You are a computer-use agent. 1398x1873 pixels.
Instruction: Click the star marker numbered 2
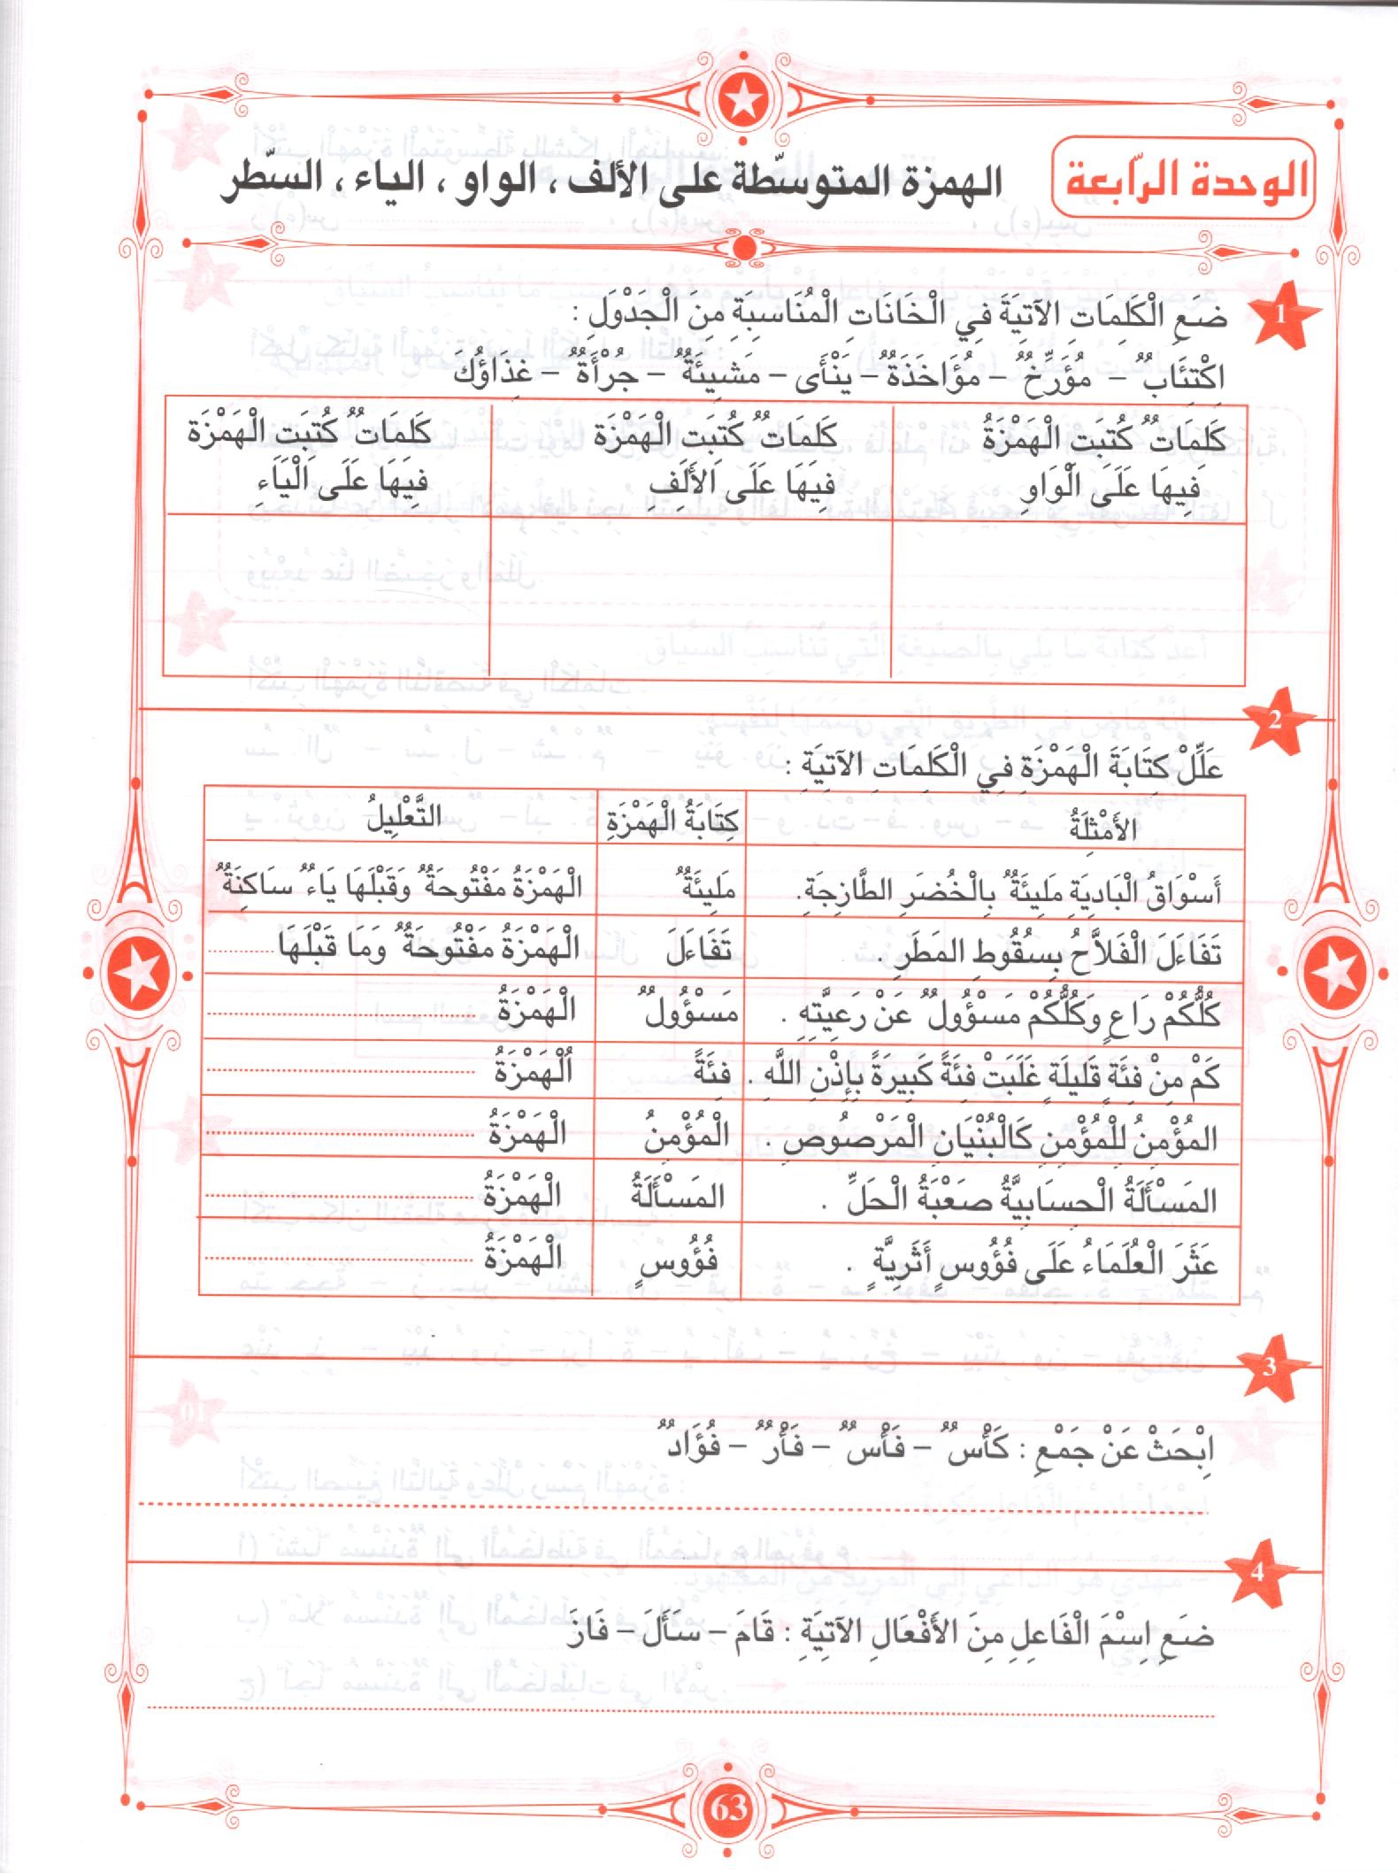click(1274, 720)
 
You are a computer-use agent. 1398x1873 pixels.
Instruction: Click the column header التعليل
click(403, 817)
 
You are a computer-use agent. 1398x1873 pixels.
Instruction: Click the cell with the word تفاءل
click(699, 949)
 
